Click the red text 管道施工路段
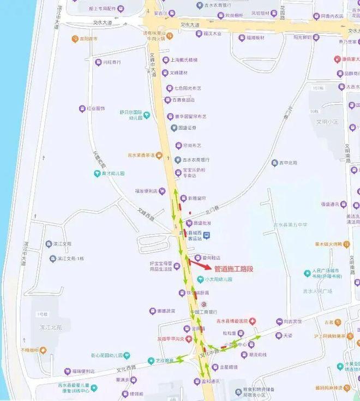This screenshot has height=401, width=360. pos(234,269)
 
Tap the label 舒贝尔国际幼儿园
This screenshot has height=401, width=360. pos(135,115)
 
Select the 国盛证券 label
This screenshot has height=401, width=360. pos(187,128)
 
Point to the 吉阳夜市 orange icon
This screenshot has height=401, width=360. pos(75,39)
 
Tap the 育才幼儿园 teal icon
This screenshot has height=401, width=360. pos(97,173)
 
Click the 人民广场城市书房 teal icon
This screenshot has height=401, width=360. pos(308,273)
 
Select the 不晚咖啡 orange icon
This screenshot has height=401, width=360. pos(43,350)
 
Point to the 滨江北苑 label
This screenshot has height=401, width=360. pos(52,328)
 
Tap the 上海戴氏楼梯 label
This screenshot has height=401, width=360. pos(183,60)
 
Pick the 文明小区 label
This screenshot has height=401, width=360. pos(328,122)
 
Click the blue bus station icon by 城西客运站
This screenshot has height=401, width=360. pos(206,235)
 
